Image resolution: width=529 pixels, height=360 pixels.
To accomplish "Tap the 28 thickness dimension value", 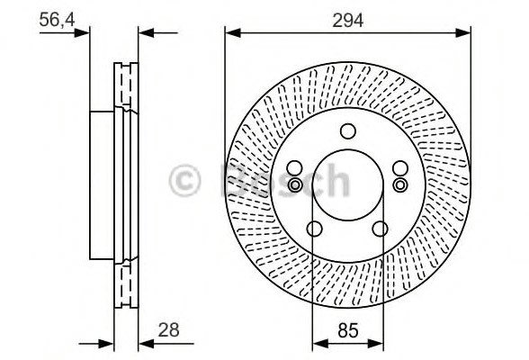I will coord(168,330).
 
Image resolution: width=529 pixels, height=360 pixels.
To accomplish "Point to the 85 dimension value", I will coord(346,330).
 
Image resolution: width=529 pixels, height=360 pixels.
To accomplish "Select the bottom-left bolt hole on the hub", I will coord(314,229).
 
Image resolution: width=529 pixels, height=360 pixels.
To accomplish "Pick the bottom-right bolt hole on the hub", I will coord(380,229).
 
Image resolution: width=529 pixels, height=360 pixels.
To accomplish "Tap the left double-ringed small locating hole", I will coord(294,184).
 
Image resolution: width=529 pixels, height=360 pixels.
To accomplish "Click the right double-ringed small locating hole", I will coord(401,184).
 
